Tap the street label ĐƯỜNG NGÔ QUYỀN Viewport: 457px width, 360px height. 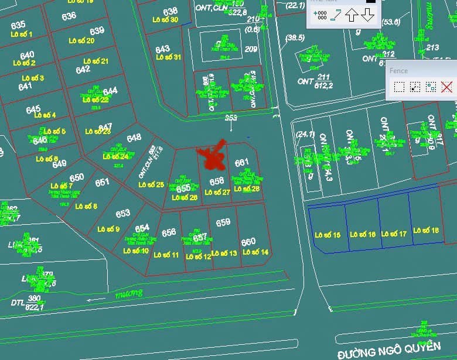[x=388, y=349]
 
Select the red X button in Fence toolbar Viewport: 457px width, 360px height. [x=446, y=87]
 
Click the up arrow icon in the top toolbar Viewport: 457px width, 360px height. [x=351, y=15]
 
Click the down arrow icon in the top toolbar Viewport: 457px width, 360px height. [x=367, y=15]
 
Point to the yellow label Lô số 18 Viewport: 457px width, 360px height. [x=426, y=231]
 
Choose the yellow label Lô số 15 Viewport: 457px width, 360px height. [x=328, y=235]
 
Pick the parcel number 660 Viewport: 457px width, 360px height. [x=248, y=242]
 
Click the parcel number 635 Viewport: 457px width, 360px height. [x=18, y=25]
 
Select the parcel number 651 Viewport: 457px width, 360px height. [x=103, y=183]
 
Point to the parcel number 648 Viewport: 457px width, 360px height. [x=134, y=138]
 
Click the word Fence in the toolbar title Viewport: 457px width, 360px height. [x=398, y=70]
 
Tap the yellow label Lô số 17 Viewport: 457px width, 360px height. [x=394, y=234]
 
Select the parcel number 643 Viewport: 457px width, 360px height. [x=162, y=49]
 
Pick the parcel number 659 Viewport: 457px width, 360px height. [x=223, y=223]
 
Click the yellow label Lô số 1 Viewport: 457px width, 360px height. [x=22, y=35]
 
